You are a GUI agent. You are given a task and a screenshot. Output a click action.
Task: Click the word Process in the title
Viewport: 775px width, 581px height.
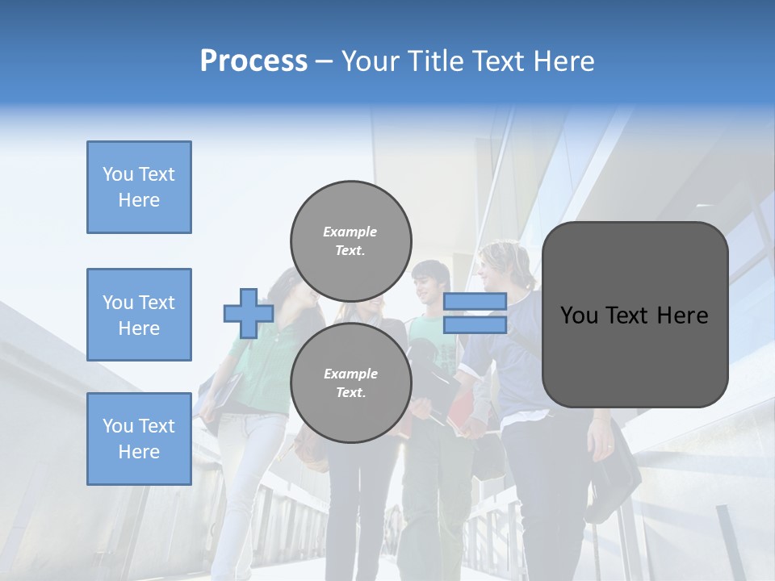[x=253, y=61]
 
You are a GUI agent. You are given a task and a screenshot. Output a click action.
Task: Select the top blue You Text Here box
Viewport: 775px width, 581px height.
[x=139, y=187]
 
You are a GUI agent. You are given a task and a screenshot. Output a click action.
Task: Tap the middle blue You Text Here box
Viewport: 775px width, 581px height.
[x=139, y=315]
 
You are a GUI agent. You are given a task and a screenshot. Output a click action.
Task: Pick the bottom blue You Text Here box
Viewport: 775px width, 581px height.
[x=139, y=439]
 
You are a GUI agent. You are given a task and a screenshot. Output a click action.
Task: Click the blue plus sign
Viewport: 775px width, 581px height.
[x=249, y=313]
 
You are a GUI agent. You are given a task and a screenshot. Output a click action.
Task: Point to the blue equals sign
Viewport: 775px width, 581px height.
[x=475, y=313]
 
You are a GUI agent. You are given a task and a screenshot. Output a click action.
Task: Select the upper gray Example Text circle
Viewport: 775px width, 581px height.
[x=350, y=240]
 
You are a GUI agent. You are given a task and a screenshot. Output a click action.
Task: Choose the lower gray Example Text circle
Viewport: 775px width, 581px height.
[x=350, y=382]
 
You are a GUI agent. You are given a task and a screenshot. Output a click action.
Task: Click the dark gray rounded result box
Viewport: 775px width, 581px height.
[x=635, y=315]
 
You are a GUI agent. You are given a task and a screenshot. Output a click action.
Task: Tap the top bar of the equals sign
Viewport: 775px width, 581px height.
[x=475, y=301]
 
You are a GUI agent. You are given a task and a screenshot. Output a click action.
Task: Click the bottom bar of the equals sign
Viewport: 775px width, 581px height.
[x=475, y=325]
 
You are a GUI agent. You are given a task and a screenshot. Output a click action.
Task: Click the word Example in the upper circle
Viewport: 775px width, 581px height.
[x=350, y=232]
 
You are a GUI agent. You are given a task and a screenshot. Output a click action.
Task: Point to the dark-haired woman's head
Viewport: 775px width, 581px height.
[x=295, y=286]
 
